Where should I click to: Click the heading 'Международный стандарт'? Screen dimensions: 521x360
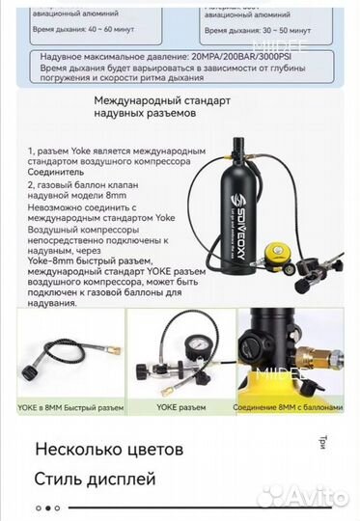point(158,99)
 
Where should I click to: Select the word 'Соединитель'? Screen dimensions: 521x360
point(58,187)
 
